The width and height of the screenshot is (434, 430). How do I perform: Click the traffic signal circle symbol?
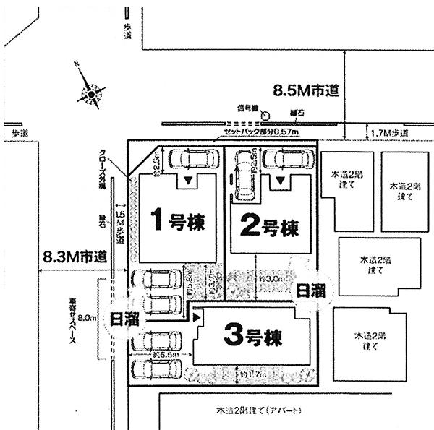click(265, 114)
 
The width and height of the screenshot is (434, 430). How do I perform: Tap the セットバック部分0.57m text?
click(262, 132)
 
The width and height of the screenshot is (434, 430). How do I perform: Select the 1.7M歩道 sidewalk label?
click(388, 134)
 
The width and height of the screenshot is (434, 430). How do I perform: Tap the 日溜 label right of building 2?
click(311, 291)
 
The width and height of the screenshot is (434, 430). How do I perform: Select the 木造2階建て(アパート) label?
click(251, 410)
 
